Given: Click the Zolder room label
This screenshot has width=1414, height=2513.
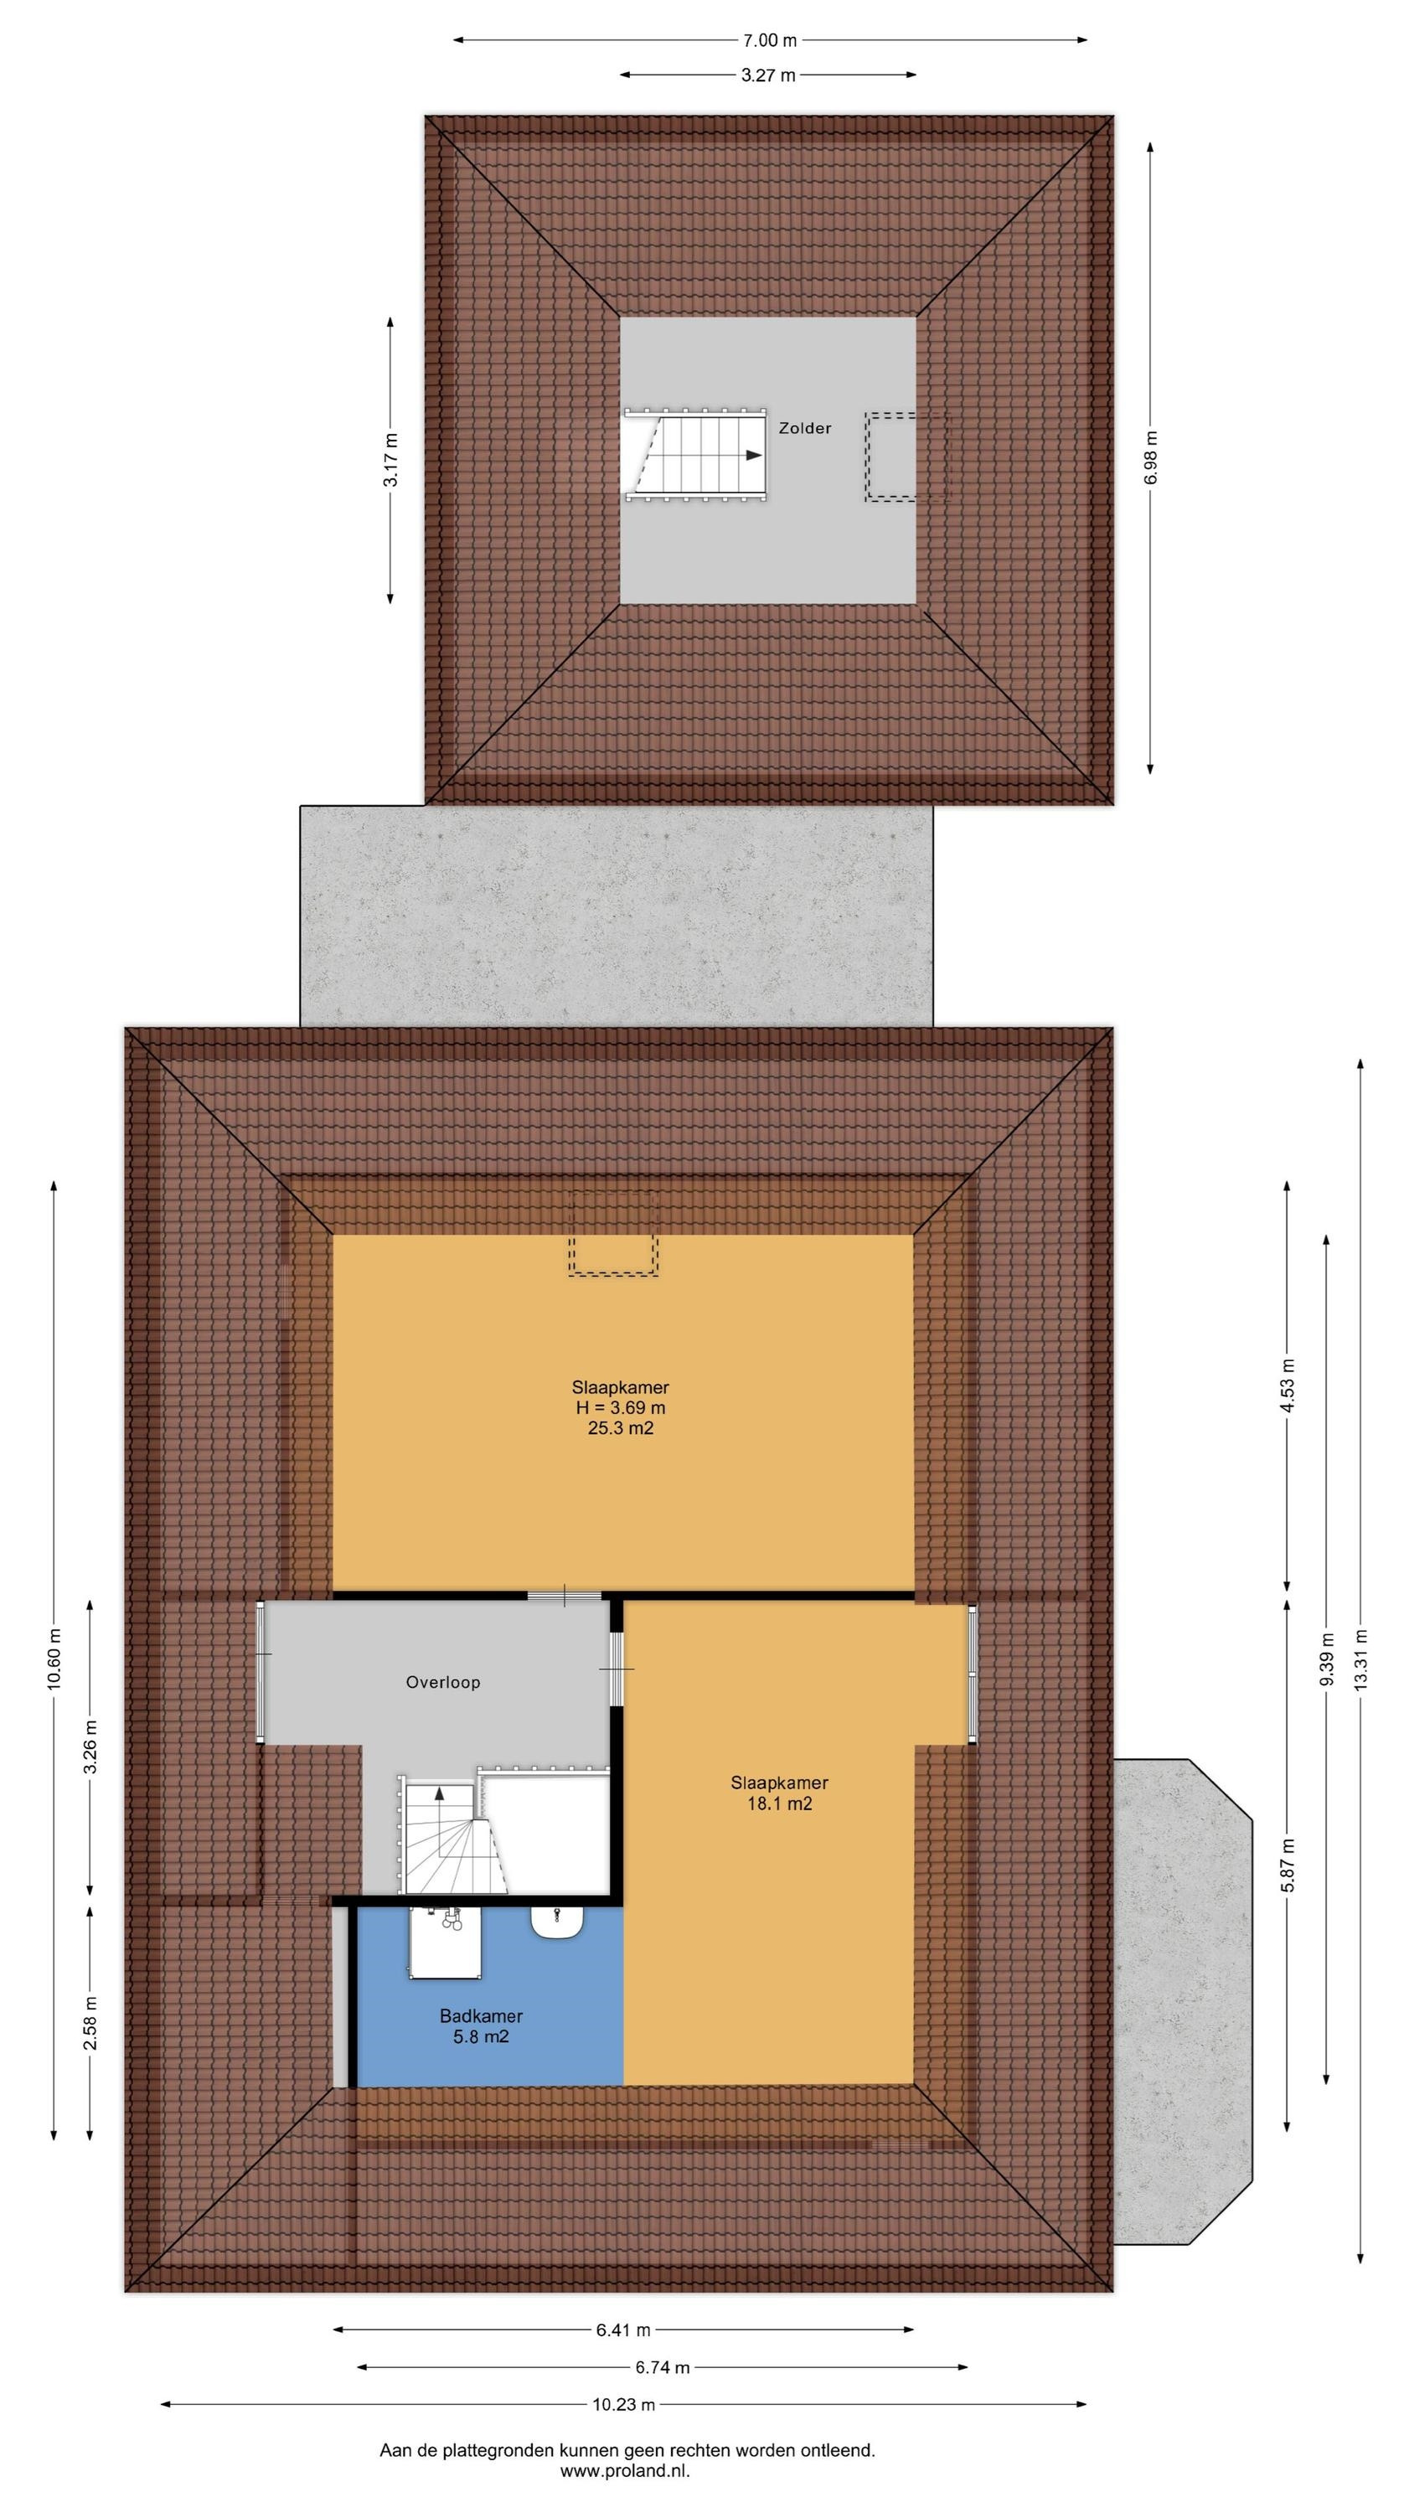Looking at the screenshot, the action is (x=804, y=428).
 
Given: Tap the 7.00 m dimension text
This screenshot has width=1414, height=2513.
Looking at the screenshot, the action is (x=769, y=40).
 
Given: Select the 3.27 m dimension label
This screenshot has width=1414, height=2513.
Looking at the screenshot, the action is (x=768, y=75).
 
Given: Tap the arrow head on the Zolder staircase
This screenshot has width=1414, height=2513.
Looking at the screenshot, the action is (x=752, y=455).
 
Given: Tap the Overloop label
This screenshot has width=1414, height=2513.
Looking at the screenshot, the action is (x=443, y=1682).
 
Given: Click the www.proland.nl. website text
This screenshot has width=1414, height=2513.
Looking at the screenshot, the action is (x=625, y=2464).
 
